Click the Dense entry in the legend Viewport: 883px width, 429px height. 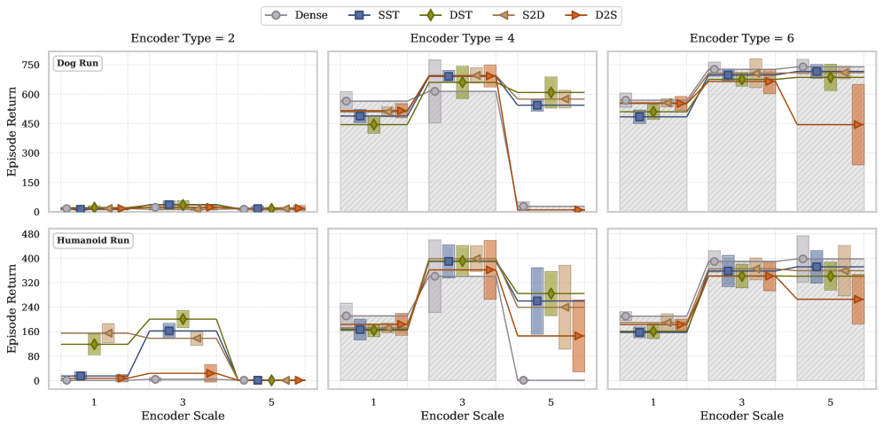pyautogui.click(x=304, y=15)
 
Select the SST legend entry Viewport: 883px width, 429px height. pyautogui.click(x=376, y=15)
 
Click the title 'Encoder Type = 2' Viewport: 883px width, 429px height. pyautogui.click(x=181, y=39)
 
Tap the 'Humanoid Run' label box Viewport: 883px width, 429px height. pyautogui.click(x=93, y=241)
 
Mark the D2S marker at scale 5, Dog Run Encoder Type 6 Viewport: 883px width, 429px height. pyautogui.click(x=858, y=125)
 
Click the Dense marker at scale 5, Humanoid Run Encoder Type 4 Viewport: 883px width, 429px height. pyautogui.click(x=523, y=380)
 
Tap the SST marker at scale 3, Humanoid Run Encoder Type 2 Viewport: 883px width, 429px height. pyautogui.click(x=168, y=331)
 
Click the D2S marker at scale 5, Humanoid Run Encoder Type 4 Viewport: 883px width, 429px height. pyautogui.click(x=578, y=336)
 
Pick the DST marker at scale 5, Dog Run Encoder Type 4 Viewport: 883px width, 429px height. pyautogui.click(x=551, y=92)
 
